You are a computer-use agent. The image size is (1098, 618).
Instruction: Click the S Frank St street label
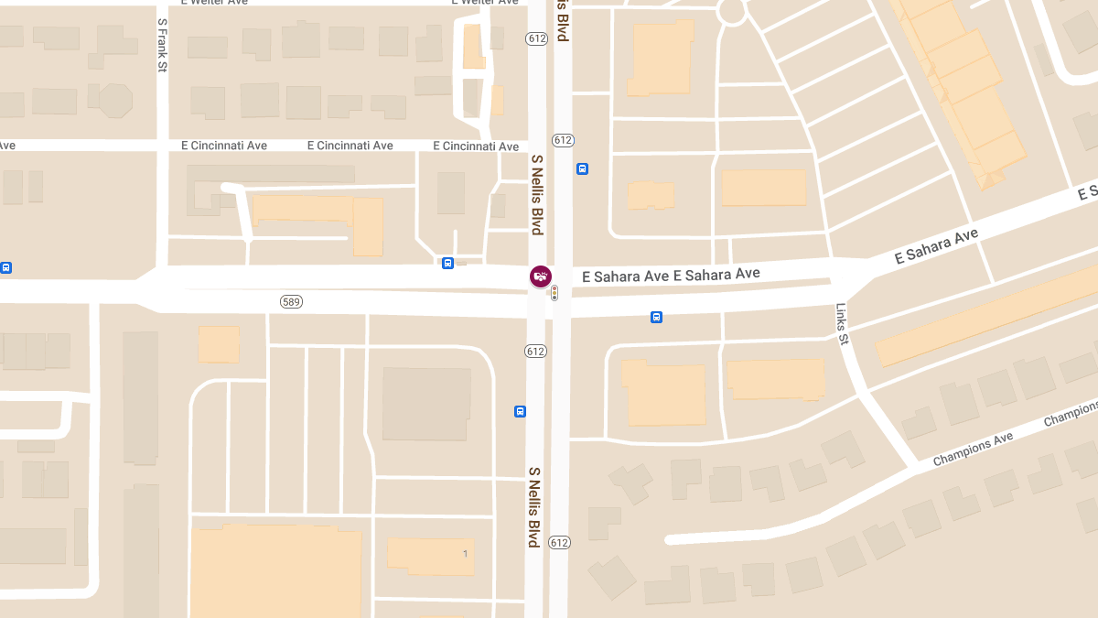coord(162,44)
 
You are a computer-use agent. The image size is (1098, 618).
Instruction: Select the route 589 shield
coord(291,301)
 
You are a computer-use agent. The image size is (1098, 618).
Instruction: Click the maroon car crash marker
coord(541,276)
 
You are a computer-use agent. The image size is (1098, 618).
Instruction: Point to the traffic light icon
coord(554,293)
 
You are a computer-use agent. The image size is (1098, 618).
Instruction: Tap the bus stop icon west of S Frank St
coord(5,268)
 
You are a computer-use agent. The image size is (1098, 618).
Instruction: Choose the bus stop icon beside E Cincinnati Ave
coord(582,168)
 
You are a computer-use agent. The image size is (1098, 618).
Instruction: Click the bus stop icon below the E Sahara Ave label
coord(656,317)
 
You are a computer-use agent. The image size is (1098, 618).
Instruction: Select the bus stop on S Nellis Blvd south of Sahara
coord(520,411)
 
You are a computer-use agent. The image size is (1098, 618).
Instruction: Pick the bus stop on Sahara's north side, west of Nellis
coord(447,264)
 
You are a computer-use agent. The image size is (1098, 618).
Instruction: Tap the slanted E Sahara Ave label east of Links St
coord(936,246)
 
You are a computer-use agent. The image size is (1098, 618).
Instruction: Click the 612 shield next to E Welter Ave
coord(536,38)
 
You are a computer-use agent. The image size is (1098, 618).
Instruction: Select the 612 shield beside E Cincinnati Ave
coord(562,140)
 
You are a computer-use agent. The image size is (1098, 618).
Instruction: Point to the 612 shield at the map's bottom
coord(559,543)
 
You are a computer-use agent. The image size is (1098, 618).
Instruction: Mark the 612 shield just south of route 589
coord(535,352)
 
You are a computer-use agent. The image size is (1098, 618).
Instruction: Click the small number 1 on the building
coord(465,553)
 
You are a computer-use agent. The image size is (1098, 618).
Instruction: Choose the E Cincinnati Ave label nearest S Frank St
coord(224,146)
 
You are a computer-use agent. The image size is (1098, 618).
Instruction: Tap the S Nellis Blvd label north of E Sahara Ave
coord(538,194)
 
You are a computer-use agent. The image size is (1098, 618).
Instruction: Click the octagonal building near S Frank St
coord(115,100)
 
